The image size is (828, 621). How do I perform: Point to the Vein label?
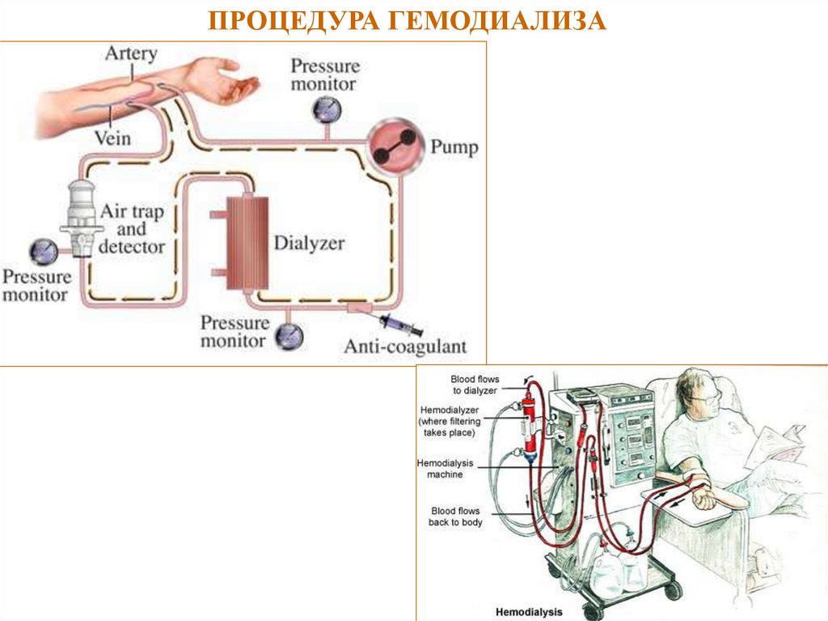pyautogui.click(x=112, y=138)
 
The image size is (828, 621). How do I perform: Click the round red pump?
pyautogui.click(x=392, y=147)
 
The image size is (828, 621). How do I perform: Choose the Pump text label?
pyautogui.click(x=454, y=147)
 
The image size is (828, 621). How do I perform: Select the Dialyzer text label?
pyautogui.click(x=310, y=243)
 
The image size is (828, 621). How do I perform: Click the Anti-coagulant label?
pyautogui.click(x=406, y=347)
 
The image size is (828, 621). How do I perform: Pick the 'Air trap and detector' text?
pyautogui.click(x=132, y=229)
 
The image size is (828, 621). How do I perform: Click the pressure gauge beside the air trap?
pyautogui.click(x=42, y=252)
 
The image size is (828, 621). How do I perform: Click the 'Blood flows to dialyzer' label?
pyautogui.click(x=476, y=385)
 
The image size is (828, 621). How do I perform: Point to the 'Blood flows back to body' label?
pyautogui.click(x=456, y=517)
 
